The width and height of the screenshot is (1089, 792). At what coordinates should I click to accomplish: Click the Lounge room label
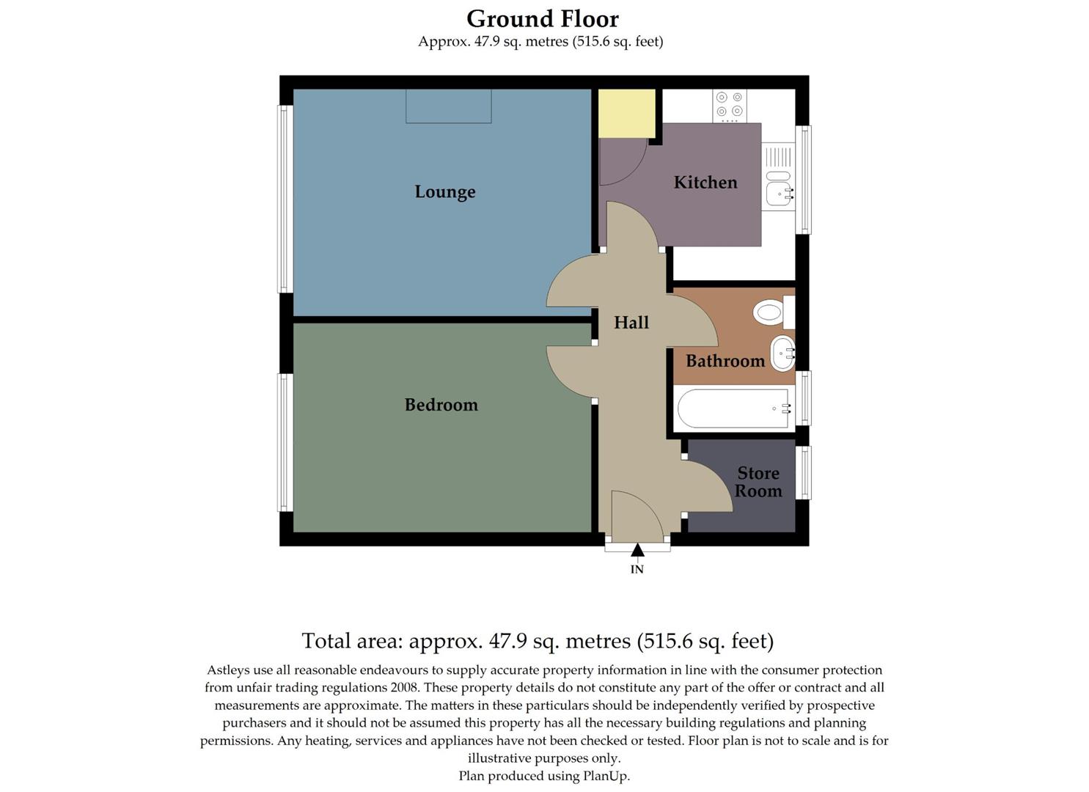coord(444,191)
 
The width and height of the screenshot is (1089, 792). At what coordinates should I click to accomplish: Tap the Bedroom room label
coord(441,405)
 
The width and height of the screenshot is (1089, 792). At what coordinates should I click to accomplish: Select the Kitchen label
coord(705,183)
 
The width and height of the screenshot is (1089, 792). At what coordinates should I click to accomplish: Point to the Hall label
coord(631,323)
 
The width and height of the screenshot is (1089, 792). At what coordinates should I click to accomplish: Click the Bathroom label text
coord(725,361)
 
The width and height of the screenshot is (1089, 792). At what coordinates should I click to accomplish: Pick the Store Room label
coord(758,482)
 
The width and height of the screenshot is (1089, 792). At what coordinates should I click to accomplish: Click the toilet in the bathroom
coord(770,313)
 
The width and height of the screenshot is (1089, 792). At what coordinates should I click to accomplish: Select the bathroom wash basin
coord(782,353)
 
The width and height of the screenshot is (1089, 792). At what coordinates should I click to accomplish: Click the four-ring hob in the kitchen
coord(729,106)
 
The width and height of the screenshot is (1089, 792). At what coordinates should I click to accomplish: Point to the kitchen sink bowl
coord(777,194)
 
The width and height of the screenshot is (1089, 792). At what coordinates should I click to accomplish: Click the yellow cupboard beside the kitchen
coord(626,113)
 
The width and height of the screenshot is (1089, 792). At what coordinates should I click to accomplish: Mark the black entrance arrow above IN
coord(637,550)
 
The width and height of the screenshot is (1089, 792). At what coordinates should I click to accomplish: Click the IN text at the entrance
coord(637,569)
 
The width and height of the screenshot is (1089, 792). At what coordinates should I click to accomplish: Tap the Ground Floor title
coord(542,18)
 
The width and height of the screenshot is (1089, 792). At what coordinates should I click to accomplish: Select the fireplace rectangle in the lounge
coord(448,106)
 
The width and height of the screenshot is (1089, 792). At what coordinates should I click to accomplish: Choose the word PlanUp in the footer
coord(605,776)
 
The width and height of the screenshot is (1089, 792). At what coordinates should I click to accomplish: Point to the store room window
coord(804,472)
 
